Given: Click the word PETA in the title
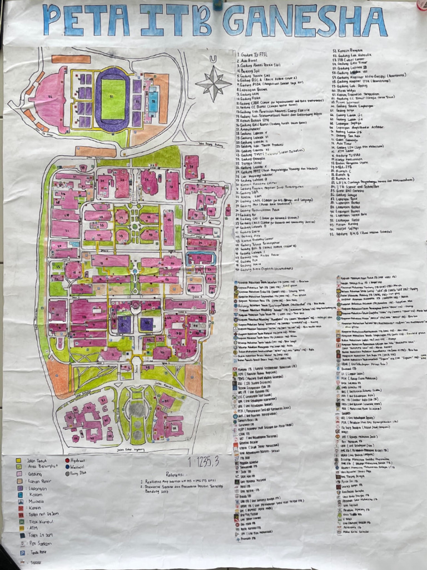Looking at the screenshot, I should pyautogui.click(x=87, y=21).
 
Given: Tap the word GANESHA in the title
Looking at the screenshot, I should pyautogui.click(x=305, y=21).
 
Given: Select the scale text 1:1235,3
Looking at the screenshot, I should pyautogui.click(x=203, y=461).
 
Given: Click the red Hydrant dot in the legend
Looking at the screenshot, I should pyautogui.click(x=67, y=461).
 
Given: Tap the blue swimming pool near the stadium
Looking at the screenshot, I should pyautogui.click(x=152, y=100).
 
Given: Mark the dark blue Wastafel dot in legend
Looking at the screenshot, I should pyautogui.click(x=67, y=468).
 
